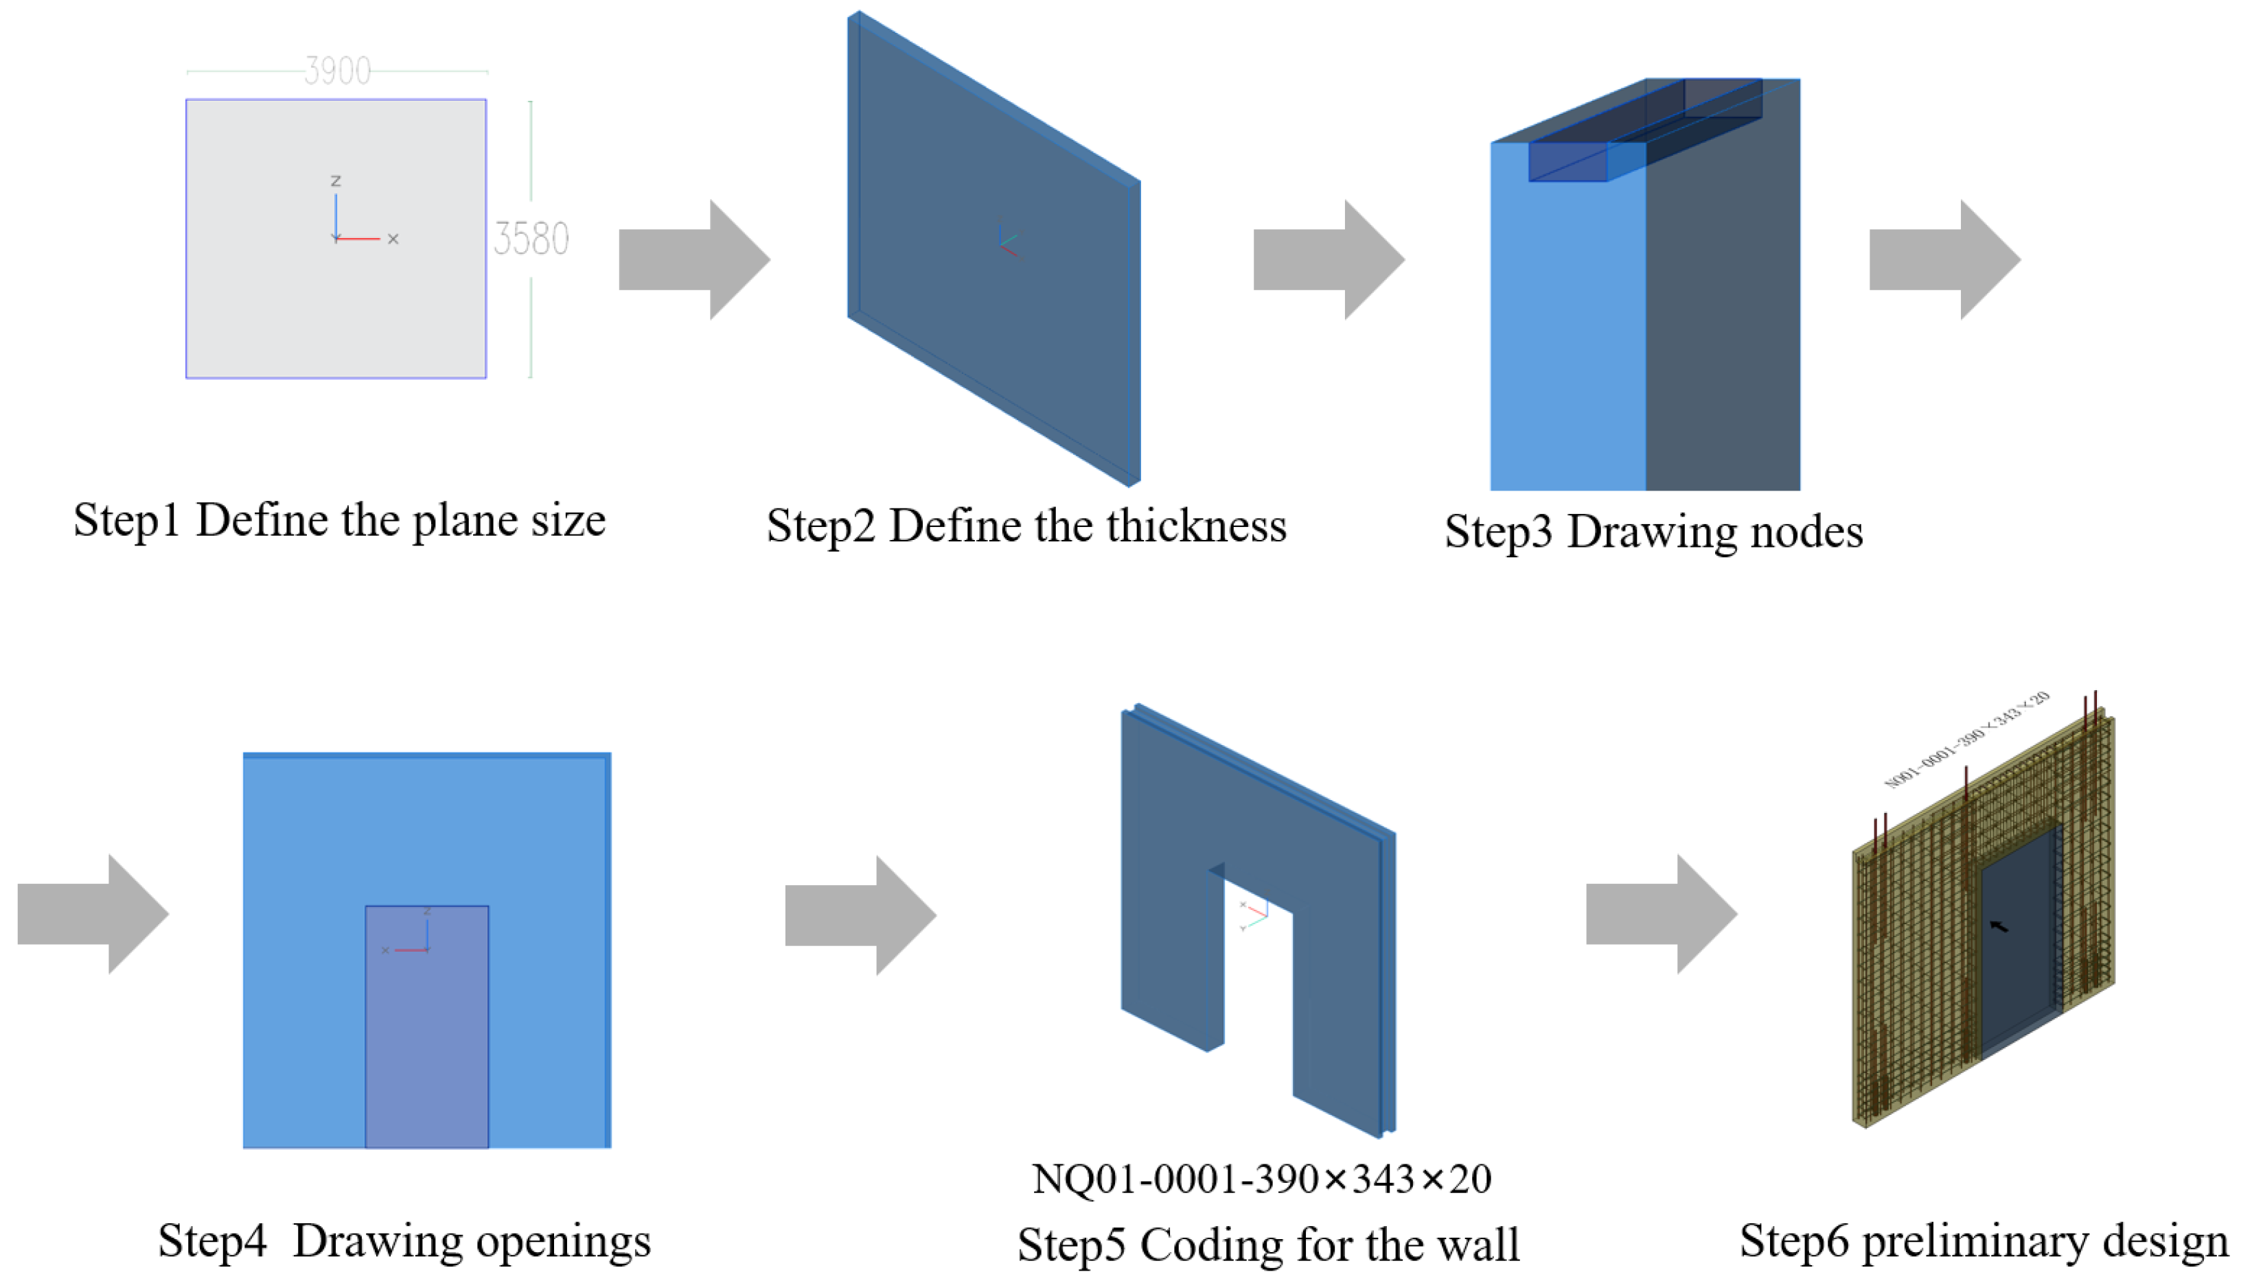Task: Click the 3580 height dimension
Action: coord(531,239)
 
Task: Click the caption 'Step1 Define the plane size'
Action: coord(339,520)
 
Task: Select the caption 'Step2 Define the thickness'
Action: coord(1026,526)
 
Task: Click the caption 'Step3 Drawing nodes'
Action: coord(1653,531)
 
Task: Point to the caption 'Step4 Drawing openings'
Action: coord(404,1240)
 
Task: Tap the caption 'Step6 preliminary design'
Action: coord(1984,1240)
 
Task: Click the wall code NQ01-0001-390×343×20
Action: coord(1261,1179)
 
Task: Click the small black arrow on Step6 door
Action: coord(1999,926)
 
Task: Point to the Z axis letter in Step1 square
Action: coord(335,180)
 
